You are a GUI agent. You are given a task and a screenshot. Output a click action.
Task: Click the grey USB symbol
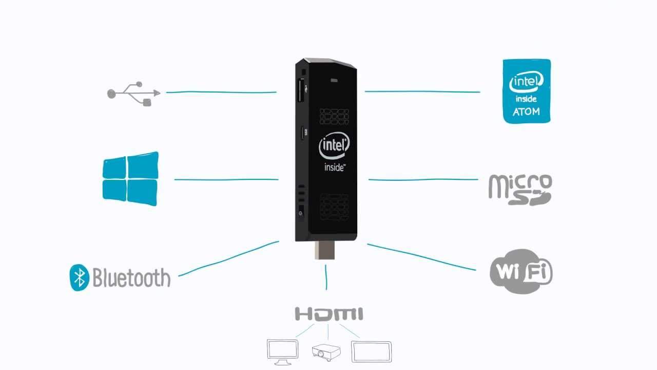[x=133, y=94]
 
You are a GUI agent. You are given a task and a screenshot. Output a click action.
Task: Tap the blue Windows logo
[x=130, y=179]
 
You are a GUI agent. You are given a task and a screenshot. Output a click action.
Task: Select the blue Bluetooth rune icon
[x=79, y=277]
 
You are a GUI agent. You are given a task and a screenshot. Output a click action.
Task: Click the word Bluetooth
[x=131, y=277]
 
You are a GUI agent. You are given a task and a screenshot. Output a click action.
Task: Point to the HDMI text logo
[x=329, y=314]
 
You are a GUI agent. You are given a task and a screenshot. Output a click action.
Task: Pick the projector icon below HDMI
[x=326, y=353]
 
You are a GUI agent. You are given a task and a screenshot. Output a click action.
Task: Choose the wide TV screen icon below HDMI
[x=371, y=352]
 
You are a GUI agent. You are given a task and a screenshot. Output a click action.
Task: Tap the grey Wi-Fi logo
[x=520, y=271]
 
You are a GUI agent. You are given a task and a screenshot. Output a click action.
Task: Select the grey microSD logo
[x=520, y=190]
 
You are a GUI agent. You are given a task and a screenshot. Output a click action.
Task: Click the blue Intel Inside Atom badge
[x=527, y=91]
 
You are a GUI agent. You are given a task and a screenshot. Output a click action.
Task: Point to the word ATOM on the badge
[x=526, y=112]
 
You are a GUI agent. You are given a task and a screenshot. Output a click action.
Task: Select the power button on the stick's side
[x=301, y=212]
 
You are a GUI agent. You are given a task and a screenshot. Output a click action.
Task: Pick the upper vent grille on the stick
[x=335, y=117]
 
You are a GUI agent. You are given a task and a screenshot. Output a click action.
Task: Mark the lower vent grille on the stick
[x=334, y=206]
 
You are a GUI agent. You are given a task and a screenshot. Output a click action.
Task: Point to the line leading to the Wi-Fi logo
[x=421, y=257]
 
